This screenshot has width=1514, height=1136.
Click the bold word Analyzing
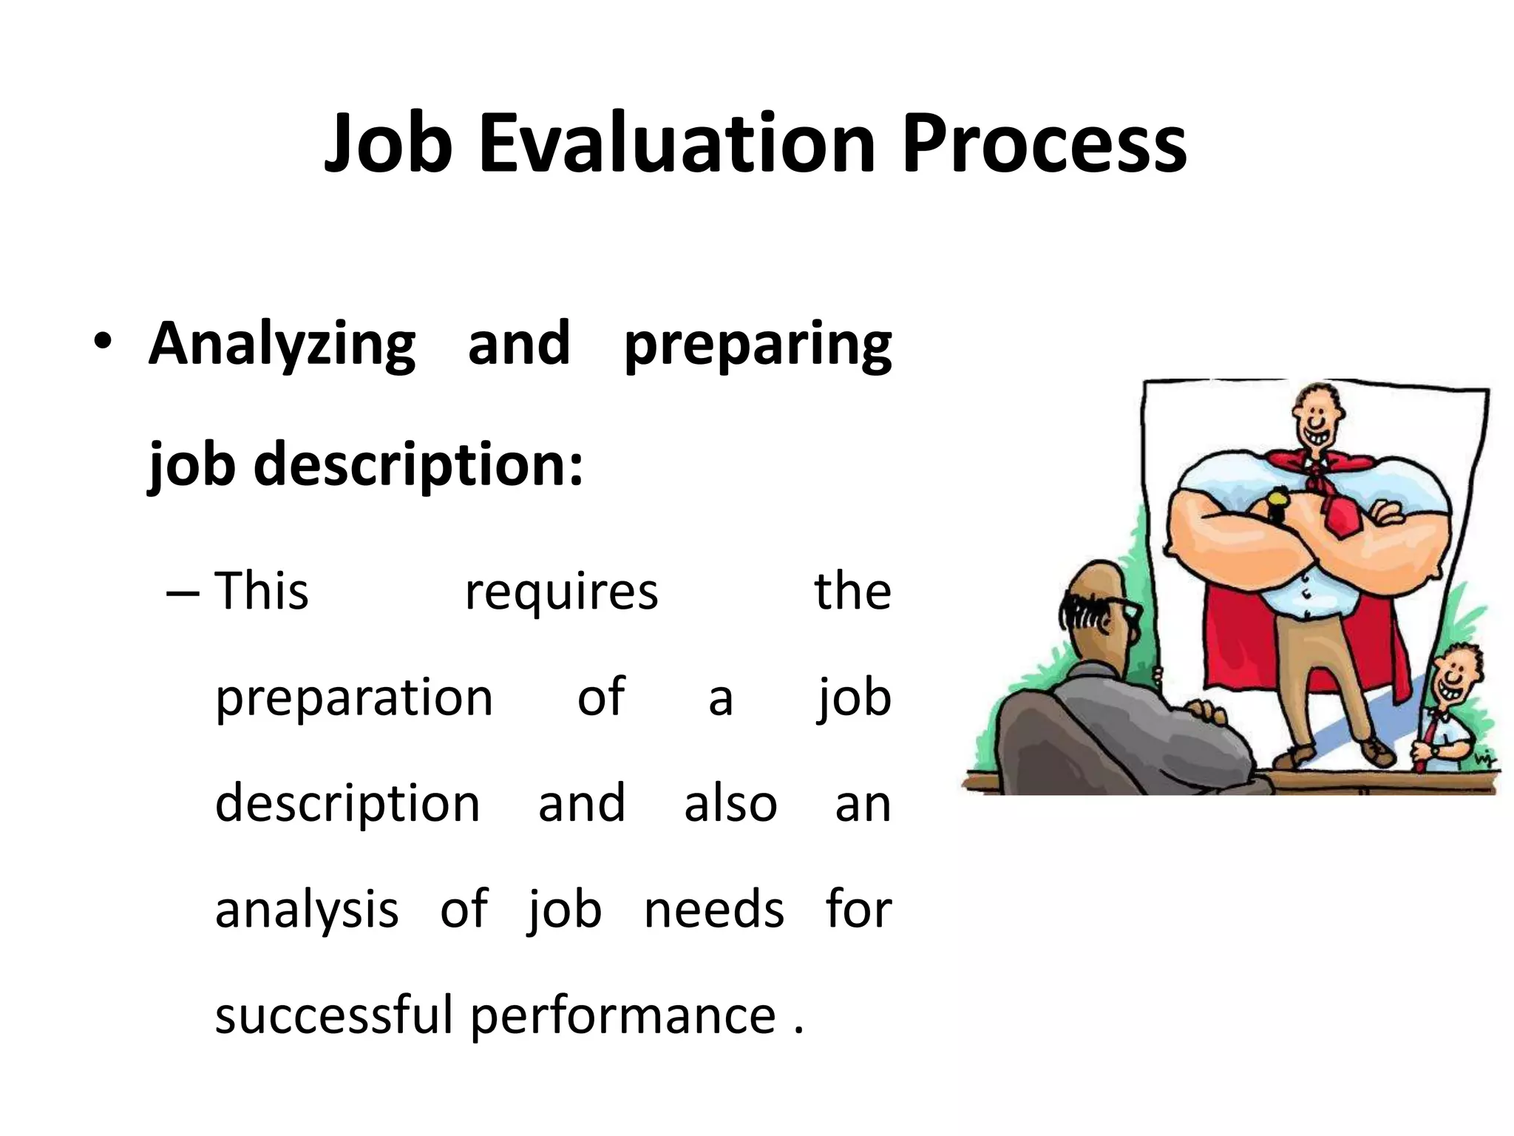click(x=282, y=345)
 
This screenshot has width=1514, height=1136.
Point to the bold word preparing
click(x=757, y=345)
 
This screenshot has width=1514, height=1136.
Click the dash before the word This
click(x=183, y=594)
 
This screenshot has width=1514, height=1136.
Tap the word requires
click(x=561, y=593)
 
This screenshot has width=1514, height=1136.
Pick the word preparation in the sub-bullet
click(x=353, y=699)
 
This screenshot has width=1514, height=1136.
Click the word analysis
click(x=307, y=910)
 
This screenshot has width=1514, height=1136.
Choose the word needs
click(x=713, y=910)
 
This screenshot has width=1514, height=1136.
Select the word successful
click(x=333, y=1015)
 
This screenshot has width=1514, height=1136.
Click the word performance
click(x=622, y=1016)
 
